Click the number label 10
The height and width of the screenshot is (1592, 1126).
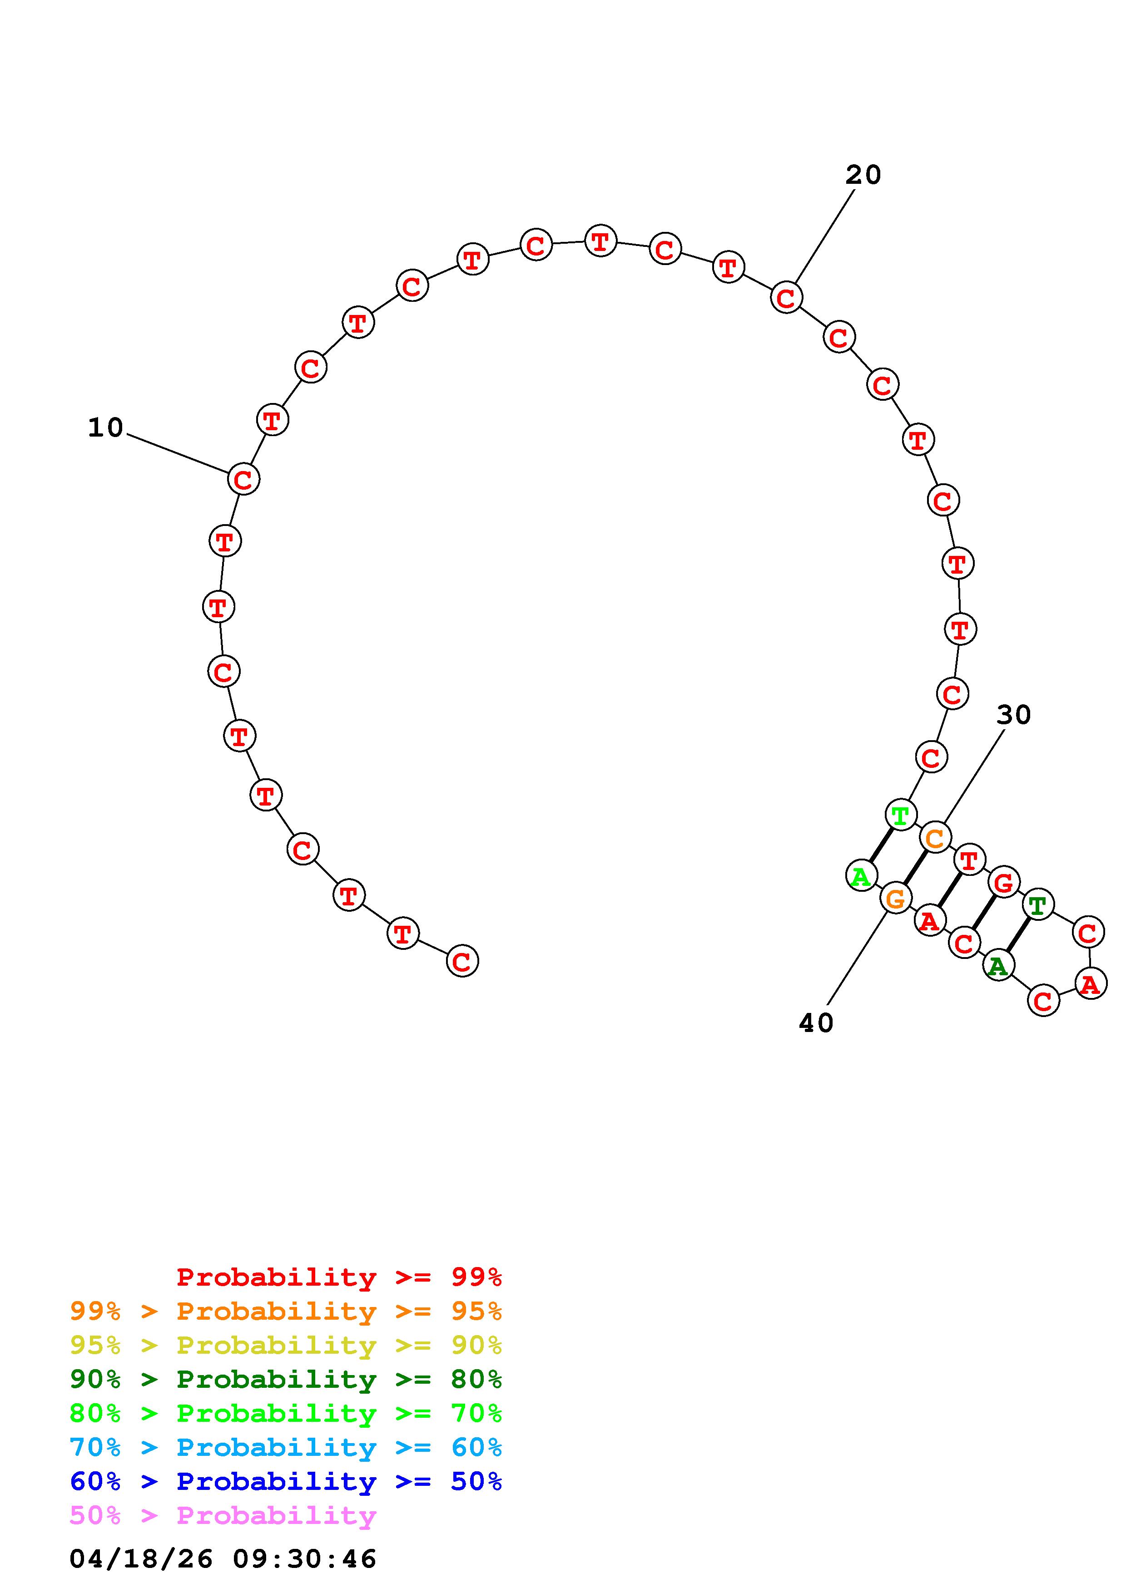(x=105, y=428)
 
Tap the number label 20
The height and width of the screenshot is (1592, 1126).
(x=863, y=175)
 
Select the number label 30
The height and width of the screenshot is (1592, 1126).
(x=1014, y=715)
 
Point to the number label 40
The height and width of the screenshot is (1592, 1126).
(x=816, y=1023)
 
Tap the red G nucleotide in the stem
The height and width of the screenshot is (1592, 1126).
(x=1004, y=883)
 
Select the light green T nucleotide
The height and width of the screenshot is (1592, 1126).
(x=901, y=815)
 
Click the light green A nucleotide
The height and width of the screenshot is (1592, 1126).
(x=862, y=876)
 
